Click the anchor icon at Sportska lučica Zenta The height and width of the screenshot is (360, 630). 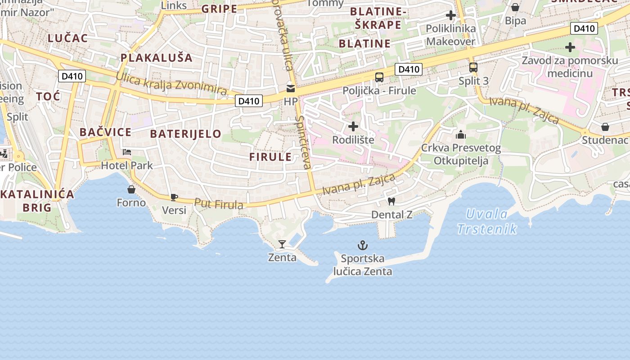(x=362, y=245)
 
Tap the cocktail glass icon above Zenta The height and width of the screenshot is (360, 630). (x=282, y=244)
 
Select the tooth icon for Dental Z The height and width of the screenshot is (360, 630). (x=391, y=202)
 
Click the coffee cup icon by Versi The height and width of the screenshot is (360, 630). (x=174, y=197)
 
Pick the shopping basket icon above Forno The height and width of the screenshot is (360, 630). (x=131, y=189)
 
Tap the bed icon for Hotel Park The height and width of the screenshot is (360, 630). (x=127, y=152)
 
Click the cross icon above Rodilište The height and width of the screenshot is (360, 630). (x=353, y=126)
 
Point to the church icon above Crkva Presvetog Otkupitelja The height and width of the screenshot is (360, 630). (x=461, y=135)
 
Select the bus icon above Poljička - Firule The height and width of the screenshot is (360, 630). (x=379, y=77)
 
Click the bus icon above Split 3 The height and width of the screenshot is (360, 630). (x=473, y=68)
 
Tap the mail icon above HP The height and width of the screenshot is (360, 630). (x=291, y=89)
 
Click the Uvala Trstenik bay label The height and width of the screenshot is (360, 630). (x=487, y=221)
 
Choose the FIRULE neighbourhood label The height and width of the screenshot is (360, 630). (x=270, y=157)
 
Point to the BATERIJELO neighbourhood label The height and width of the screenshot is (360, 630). (x=185, y=134)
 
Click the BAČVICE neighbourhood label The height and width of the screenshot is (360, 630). (x=105, y=132)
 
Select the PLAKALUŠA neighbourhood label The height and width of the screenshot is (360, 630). (x=157, y=58)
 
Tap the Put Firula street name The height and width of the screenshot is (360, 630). (x=219, y=204)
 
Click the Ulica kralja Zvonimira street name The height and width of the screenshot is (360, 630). (x=171, y=83)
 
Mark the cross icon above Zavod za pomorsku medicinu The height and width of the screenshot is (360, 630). (x=570, y=47)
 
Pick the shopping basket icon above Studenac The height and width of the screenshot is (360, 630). (x=605, y=127)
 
